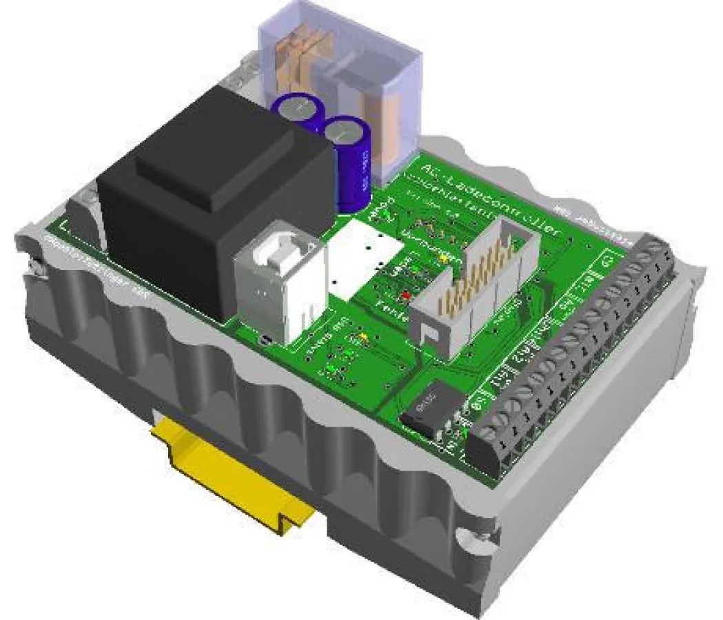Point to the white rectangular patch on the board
pyautogui.click(x=365, y=259)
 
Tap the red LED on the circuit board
pyautogui.click(x=405, y=295)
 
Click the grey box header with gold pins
pyautogui.click(x=476, y=289)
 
